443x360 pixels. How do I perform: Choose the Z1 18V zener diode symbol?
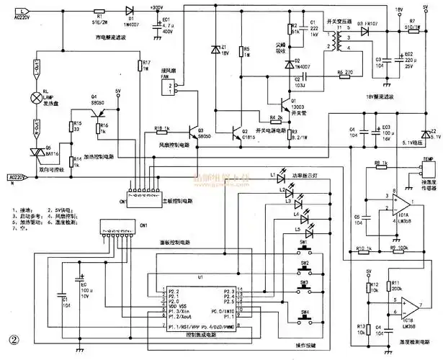(x=215, y=50)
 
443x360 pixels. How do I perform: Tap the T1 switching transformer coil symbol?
(x=334, y=41)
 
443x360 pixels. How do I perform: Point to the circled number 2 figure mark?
(x=12, y=339)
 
